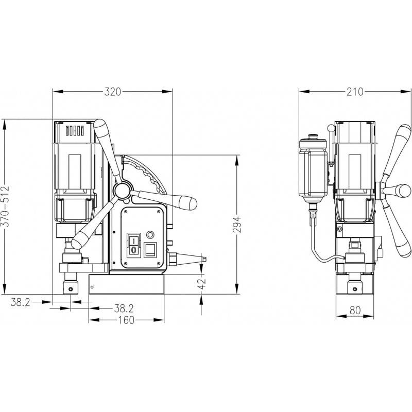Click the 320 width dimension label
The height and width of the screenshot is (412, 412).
coord(113,92)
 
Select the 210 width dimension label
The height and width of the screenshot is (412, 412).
coord(355,92)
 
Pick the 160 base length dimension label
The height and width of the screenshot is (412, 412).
coord(126,320)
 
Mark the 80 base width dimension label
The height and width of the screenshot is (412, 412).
coord(355,311)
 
